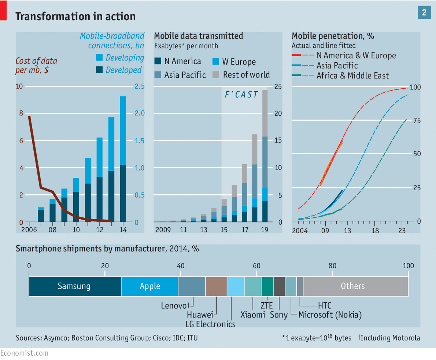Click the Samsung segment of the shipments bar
point(75,286)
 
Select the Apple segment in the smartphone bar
point(150,286)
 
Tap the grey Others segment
point(355,286)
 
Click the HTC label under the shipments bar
point(325,305)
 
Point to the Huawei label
point(200,315)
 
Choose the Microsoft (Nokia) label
point(330,315)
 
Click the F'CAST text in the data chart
point(241,95)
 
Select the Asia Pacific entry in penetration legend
point(337,66)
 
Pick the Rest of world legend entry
point(246,75)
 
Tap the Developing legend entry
point(125,58)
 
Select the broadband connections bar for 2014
point(123,159)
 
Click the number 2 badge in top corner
point(424,13)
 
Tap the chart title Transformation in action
point(75,16)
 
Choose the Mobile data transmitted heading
point(198,36)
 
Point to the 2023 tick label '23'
point(402,231)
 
